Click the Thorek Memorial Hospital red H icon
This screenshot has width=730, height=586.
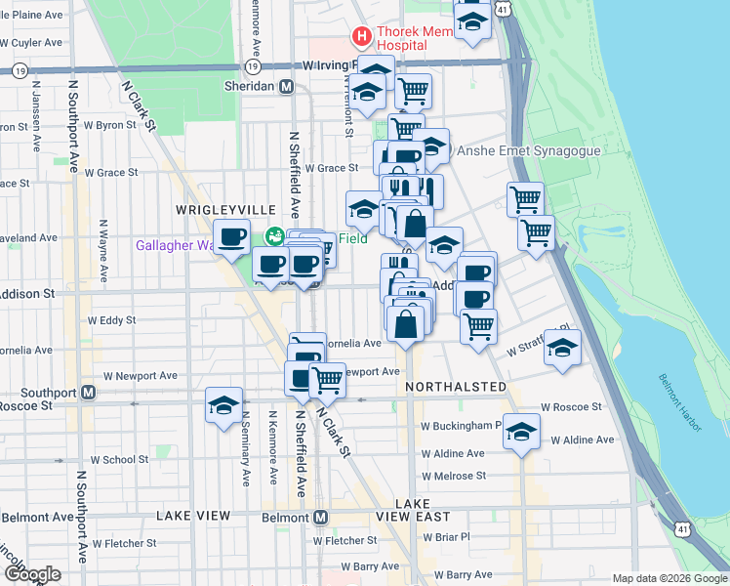click(x=362, y=38)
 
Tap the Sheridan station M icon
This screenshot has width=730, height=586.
click(x=287, y=86)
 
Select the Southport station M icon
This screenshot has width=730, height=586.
click(x=88, y=393)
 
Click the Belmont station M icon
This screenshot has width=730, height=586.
click(x=320, y=517)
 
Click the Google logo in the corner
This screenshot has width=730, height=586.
click(x=31, y=573)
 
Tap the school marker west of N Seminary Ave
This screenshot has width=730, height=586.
click(x=223, y=405)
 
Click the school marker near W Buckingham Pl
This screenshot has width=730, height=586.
click(x=522, y=431)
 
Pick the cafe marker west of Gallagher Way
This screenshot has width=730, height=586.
click(x=233, y=237)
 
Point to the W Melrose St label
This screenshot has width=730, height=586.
click(x=453, y=476)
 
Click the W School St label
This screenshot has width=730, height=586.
click(x=119, y=459)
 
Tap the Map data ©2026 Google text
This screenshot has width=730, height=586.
click(x=669, y=578)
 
